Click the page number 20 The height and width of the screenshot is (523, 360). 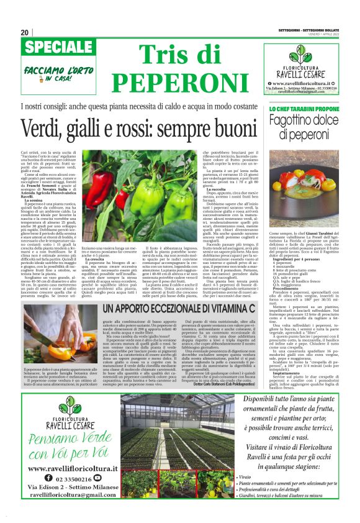25,32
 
